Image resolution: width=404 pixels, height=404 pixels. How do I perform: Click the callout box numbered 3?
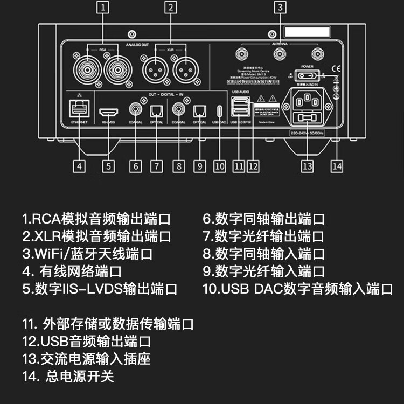[x=279, y=8]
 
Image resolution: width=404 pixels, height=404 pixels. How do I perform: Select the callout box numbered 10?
[x=219, y=166]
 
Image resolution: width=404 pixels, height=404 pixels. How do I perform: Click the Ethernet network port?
[x=80, y=110]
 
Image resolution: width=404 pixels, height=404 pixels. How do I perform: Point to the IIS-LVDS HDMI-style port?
[x=109, y=112]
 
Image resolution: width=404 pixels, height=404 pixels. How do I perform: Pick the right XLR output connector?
[x=184, y=68]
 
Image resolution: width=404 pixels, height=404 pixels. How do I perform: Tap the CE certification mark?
[x=333, y=68]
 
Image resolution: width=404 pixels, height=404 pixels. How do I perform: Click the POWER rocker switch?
[x=308, y=76]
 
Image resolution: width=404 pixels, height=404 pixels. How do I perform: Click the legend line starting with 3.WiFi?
[x=87, y=254]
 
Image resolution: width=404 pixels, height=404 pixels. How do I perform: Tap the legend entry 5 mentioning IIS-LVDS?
[x=100, y=288]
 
